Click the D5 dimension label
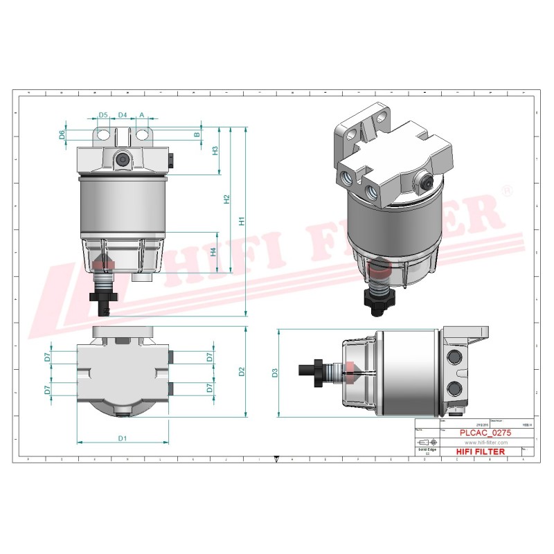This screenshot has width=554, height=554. (103, 114)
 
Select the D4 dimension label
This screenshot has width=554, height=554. (123, 114)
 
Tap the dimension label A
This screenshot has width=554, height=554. (142, 114)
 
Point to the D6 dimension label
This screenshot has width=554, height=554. (62, 134)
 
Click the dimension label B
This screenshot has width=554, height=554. (196, 134)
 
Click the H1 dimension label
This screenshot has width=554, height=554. (241, 222)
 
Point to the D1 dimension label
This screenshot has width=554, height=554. (122, 438)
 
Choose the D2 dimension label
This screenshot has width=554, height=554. (241, 372)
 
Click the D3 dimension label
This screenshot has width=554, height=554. (275, 373)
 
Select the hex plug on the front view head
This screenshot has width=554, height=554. (123, 159)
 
